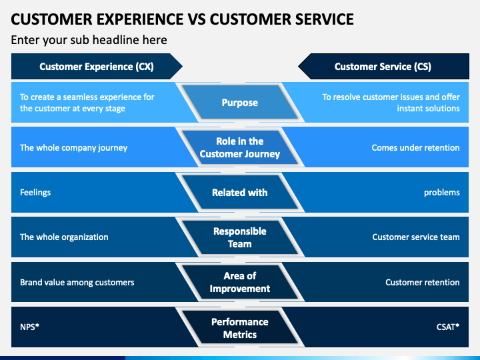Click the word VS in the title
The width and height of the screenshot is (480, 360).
coord(197,19)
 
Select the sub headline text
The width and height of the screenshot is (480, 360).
coord(89,40)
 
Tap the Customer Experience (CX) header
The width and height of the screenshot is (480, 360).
coord(97,67)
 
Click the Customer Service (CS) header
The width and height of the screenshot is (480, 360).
coord(383,67)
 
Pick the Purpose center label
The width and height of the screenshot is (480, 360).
coord(240,103)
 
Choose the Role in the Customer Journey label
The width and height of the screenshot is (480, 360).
coord(240,147)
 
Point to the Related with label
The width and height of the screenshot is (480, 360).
coord(240,192)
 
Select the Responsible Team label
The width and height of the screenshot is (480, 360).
coord(240,237)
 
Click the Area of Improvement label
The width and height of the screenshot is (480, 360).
coord(240,282)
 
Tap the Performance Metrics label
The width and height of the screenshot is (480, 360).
coord(240,328)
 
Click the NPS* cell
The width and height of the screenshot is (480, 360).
coord(30,327)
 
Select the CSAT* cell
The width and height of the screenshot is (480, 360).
coord(448,327)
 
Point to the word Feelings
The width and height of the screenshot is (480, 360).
coord(35,193)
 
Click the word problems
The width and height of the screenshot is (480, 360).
coord(442,193)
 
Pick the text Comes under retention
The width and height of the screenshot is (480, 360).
coord(415,147)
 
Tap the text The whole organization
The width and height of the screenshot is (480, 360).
coord(64,237)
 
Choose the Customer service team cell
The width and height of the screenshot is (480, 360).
coord(416,237)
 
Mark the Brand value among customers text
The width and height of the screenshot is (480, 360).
coord(77,282)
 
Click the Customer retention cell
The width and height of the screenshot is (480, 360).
coord(423,282)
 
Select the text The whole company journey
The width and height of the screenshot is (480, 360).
coord(73,148)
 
